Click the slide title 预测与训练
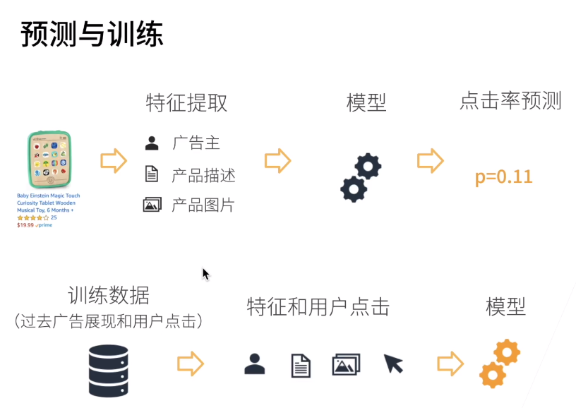[x=92, y=34]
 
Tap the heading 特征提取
[x=186, y=103]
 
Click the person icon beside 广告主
[x=152, y=143]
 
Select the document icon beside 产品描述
[x=151, y=174]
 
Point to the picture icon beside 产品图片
[x=152, y=205]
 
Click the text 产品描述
[x=203, y=175]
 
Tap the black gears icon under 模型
[x=361, y=177]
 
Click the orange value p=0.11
[x=503, y=176]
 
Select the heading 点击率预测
[x=510, y=101]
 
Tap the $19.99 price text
[x=25, y=225]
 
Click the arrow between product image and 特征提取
[x=113, y=160]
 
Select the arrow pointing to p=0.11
[x=430, y=160]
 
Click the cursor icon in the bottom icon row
[x=393, y=364]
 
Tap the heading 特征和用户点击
[x=318, y=307]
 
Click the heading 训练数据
[x=109, y=295]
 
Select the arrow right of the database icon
[x=190, y=364]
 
